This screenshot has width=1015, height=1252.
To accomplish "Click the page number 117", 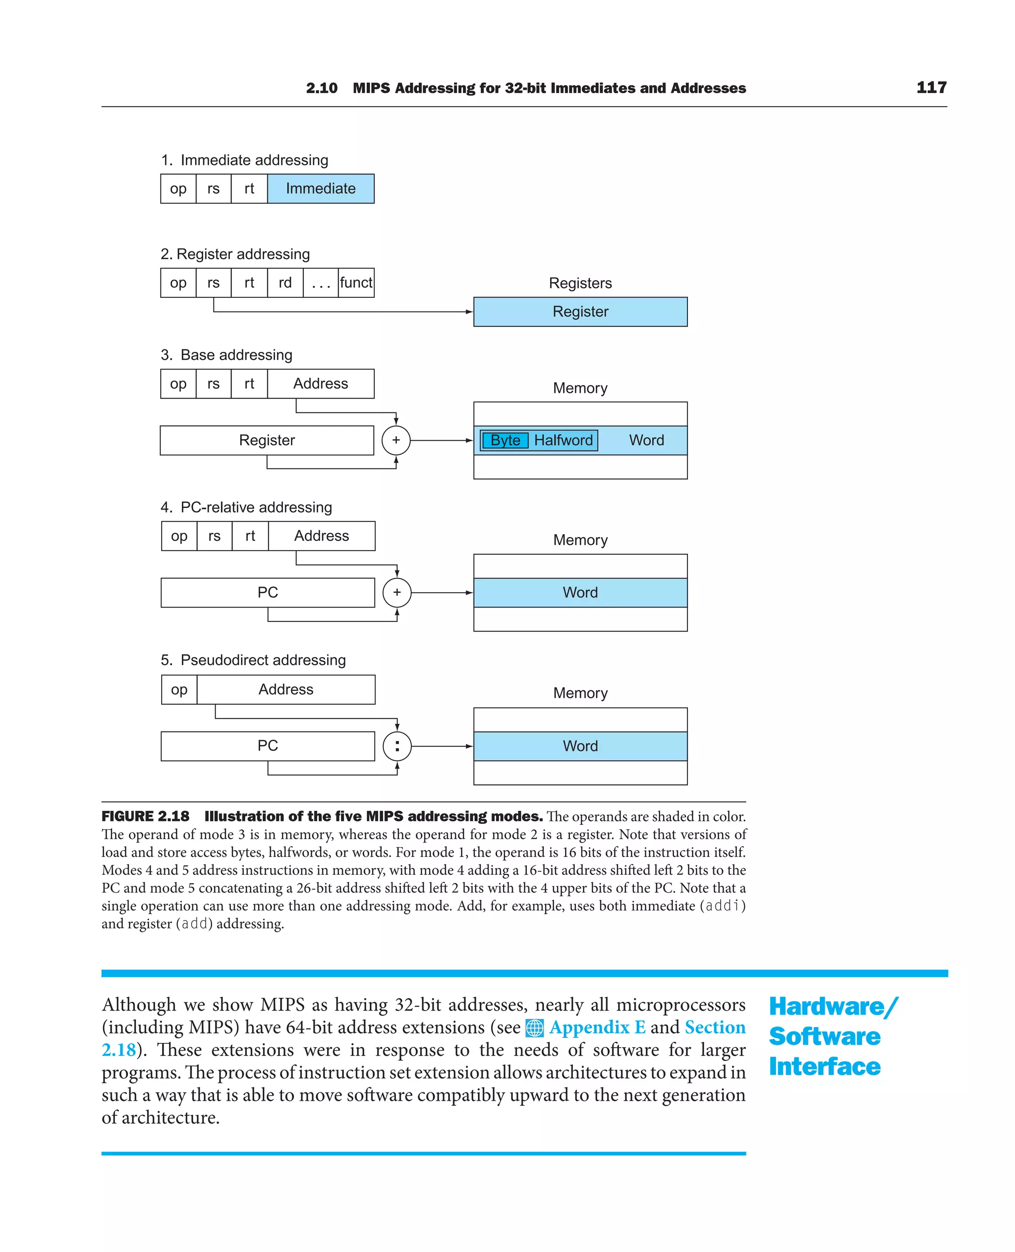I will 931,88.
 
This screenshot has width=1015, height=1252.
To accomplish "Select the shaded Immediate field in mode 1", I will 320,189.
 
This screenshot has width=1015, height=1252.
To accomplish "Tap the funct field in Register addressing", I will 356,283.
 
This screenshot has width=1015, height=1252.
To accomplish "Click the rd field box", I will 285,283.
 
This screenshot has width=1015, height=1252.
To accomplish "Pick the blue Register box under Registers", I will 580,312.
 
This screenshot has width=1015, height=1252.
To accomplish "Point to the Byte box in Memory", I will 505,440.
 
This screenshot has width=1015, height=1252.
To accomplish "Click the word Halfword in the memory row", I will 563,440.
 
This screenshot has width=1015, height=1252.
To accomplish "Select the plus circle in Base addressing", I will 396,440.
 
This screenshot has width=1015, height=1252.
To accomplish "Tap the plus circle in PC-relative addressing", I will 397,593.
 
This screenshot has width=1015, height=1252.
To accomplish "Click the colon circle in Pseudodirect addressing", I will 397,746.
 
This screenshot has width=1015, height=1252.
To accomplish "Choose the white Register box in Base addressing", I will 267,440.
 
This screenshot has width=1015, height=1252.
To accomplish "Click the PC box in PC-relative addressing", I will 268,593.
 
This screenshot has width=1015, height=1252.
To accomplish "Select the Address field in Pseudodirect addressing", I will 286,690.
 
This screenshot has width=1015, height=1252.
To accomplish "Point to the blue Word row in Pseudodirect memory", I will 580,746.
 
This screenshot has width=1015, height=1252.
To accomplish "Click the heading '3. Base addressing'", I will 226,355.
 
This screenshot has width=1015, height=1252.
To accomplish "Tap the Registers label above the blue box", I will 580,284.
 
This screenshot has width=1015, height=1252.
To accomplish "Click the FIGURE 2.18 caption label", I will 146,816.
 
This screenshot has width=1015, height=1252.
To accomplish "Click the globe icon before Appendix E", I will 534,1028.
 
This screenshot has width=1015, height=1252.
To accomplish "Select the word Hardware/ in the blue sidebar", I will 833,1007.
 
